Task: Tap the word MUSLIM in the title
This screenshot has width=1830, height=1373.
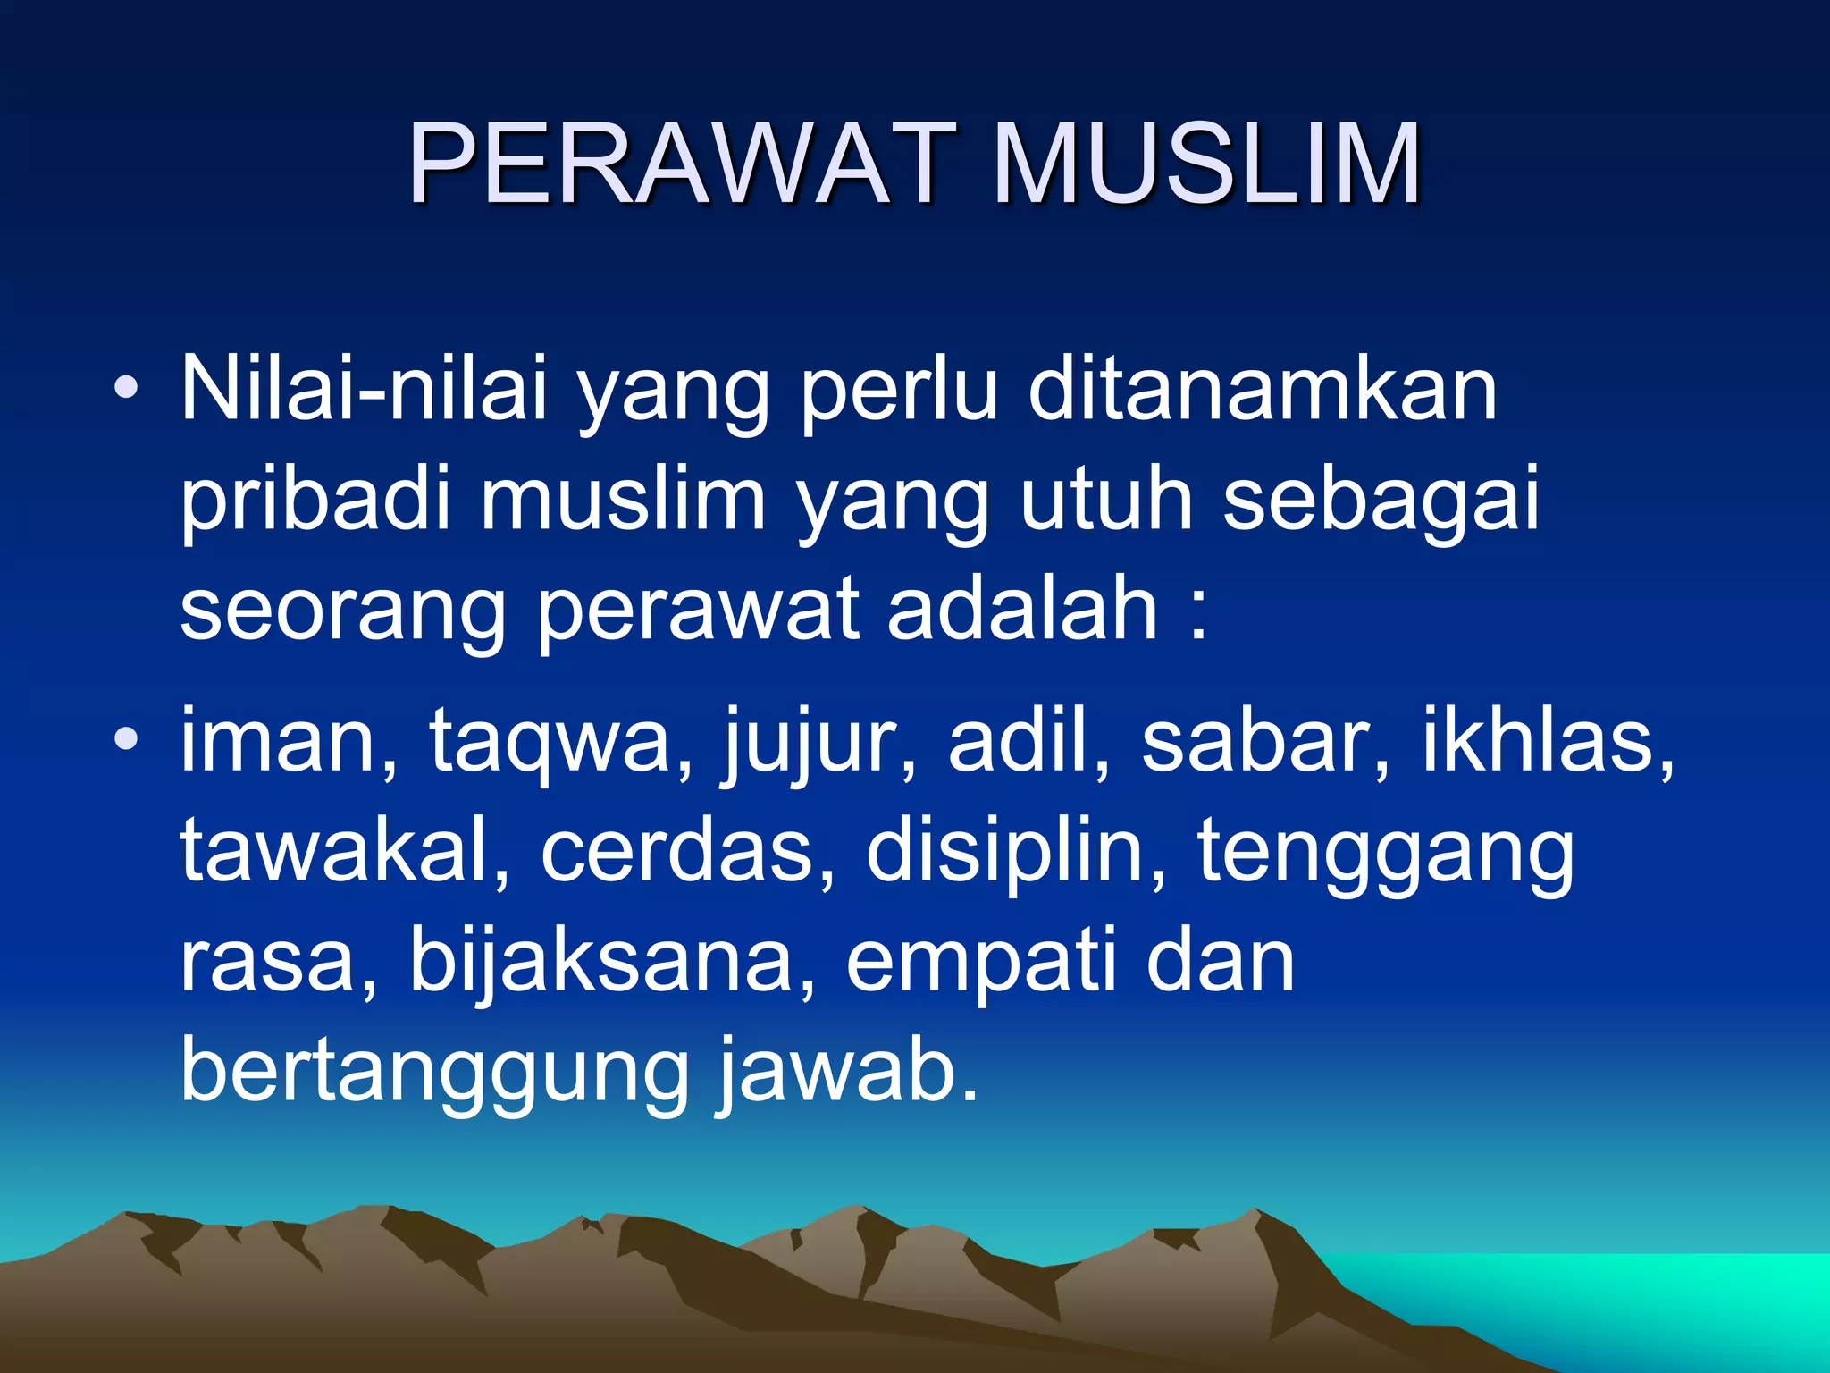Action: point(1206,165)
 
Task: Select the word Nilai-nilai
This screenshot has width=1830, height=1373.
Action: point(363,388)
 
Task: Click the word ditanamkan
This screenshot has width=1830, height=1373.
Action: point(1263,388)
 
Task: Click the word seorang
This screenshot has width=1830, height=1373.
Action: point(343,613)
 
